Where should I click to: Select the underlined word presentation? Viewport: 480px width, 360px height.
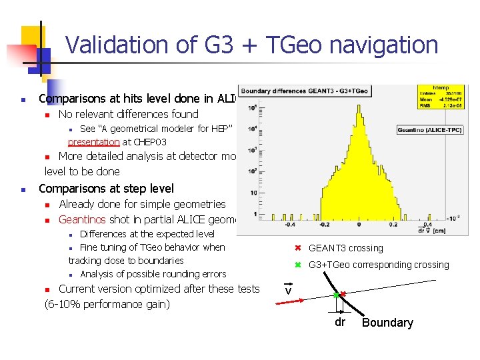click(x=93, y=142)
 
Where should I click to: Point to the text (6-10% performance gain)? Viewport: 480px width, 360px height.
click(x=107, y=304)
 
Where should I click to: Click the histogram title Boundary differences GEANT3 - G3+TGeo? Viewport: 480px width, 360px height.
click(x=319, y=91)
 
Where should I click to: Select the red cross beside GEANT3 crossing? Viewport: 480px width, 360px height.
click(x=299, y=248)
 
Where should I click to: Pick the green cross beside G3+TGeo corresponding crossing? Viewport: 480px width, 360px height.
click(x=299, y=265)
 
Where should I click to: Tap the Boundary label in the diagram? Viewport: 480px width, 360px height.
click(x=387, y=323)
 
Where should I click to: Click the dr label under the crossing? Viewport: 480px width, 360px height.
click(x=340, y=322)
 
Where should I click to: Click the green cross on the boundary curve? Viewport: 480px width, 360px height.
click(x=336, y=295)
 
